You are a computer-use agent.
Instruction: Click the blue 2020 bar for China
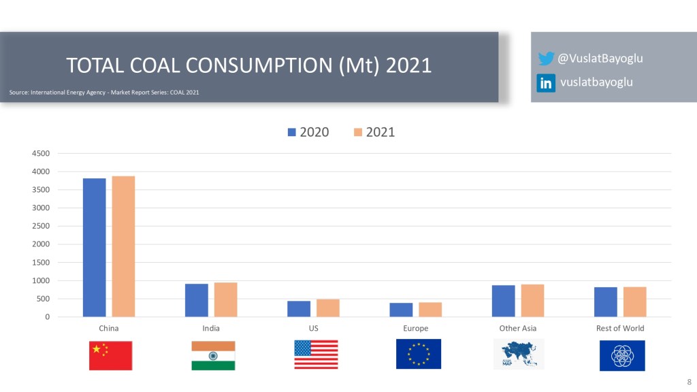coord(95,247)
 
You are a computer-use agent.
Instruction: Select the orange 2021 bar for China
coord(123,246)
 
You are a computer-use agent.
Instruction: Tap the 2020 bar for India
coord(197,300)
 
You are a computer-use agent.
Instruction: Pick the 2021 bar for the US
coord(328,308)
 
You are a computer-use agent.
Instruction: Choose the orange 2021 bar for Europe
coord(430,309)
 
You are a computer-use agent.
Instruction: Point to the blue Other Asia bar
coord(503,301)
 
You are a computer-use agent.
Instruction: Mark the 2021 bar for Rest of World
coord(634,301)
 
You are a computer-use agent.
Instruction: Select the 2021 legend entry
coord(374,132)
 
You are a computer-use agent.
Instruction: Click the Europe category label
coord(415,328)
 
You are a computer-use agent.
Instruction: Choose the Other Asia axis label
coord(517,328)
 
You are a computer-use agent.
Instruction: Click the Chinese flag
coord(110,355)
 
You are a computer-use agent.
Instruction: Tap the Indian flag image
coord(213,355)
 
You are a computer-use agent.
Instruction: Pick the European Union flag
coord(419,355)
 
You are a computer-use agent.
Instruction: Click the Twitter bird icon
coord(546,59)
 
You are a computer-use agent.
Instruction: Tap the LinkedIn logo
coord(546,83)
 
